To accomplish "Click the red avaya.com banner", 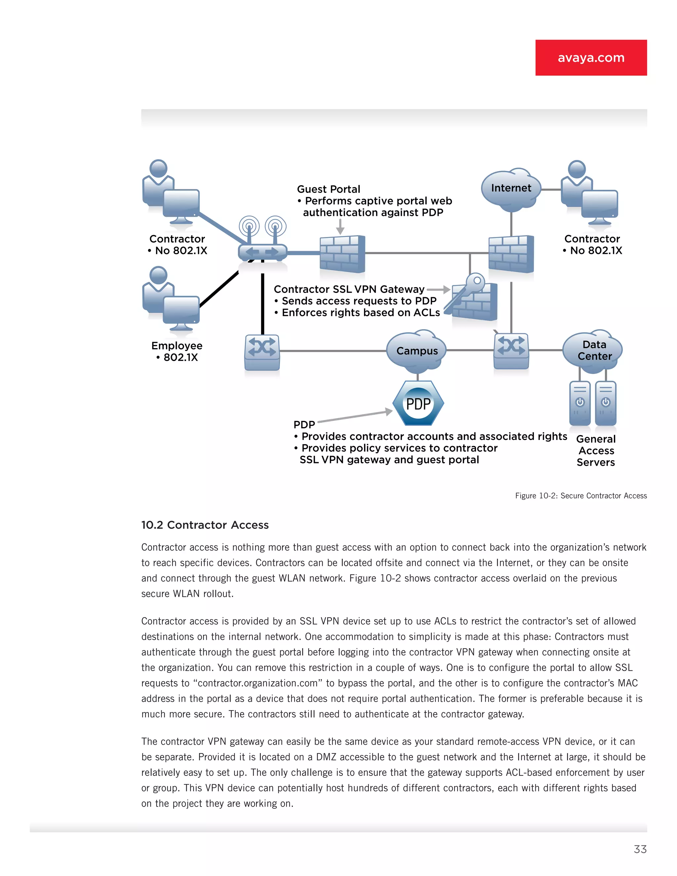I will tap(591, 58).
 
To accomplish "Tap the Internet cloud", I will tap(510, 188).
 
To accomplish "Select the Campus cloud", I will tap(417, 350).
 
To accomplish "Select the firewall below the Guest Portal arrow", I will tap(342, 254).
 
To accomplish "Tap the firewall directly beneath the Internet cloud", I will tap(511, 254).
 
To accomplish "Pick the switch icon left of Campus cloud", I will tap(262, 352).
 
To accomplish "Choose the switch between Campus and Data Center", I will tap(511, 351).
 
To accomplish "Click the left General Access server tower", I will tap(579, 403).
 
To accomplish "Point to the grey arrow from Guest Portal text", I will tap(340, 227).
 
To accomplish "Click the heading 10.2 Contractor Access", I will tap(205, 525).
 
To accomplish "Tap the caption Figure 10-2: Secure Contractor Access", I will tap(580, 496).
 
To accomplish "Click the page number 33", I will tap(640, 849).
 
